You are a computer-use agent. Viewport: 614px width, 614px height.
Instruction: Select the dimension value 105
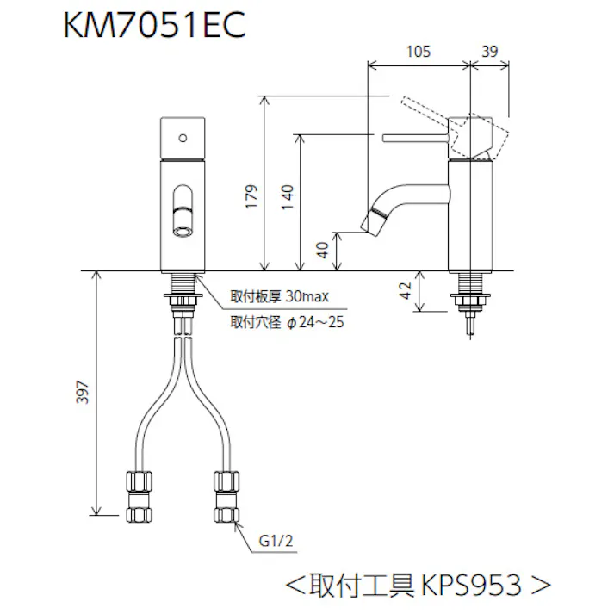click(418, 52)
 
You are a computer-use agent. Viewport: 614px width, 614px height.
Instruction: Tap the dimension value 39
click(490, 52)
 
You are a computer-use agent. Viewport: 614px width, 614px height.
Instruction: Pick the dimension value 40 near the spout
click(322, 250)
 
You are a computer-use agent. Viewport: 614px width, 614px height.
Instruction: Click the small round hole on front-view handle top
click(182, 137)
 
